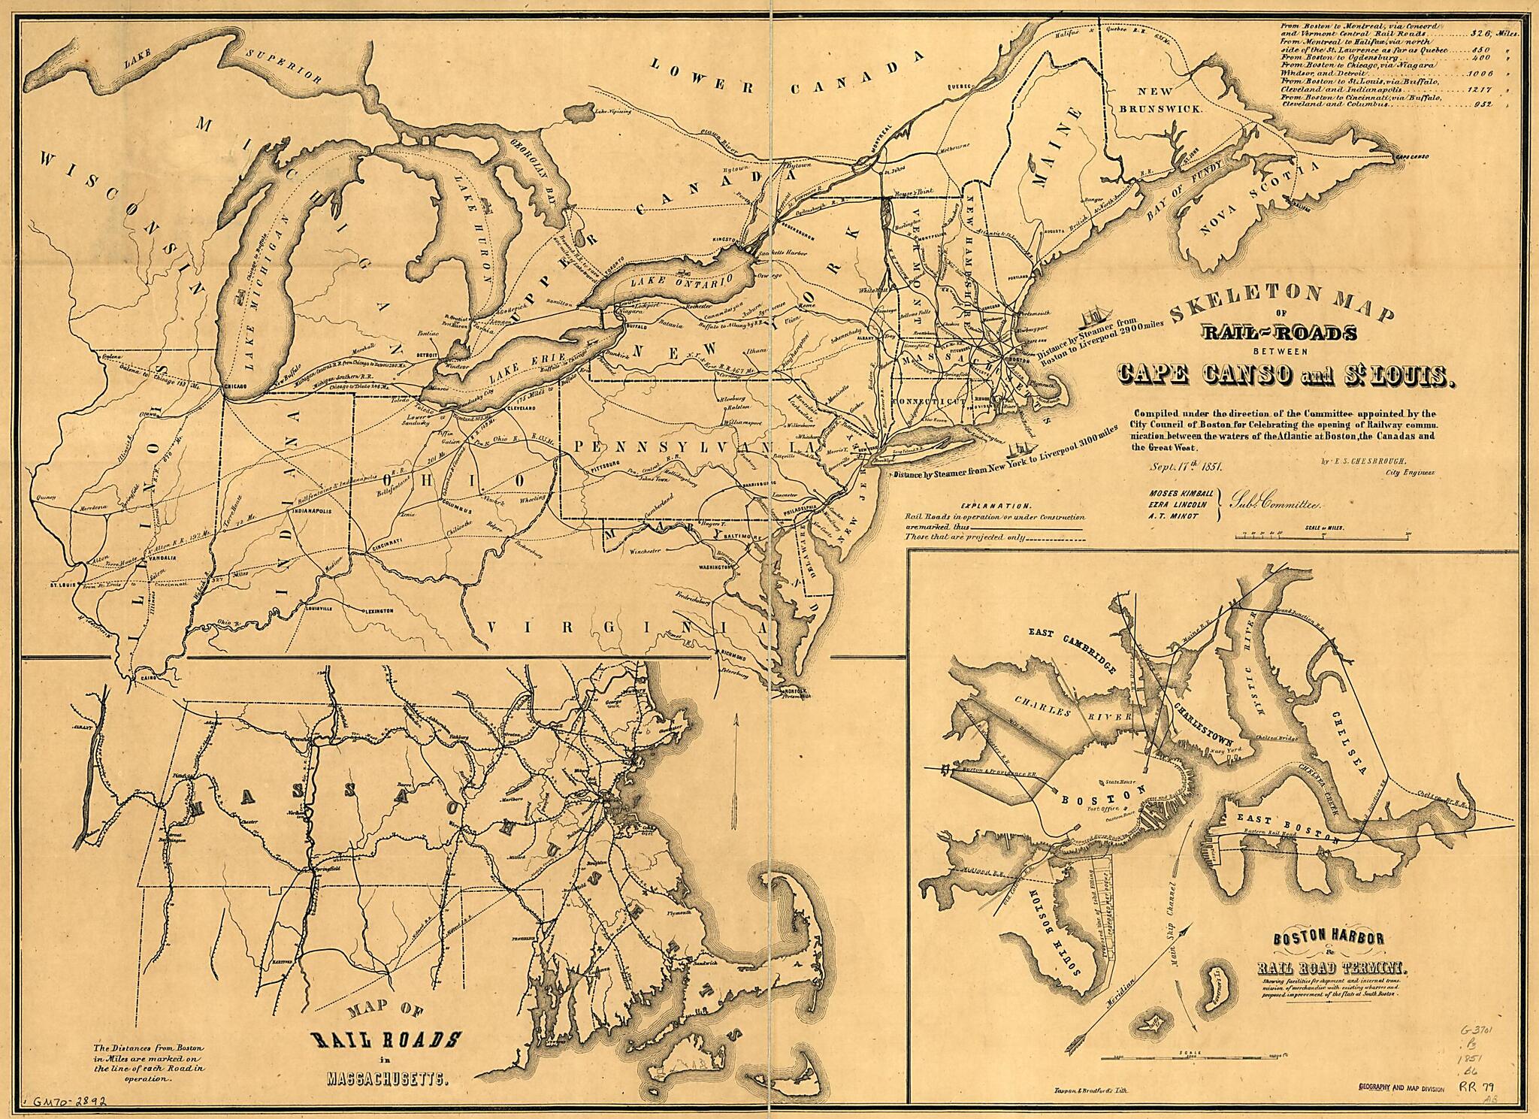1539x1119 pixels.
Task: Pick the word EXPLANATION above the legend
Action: (996, 507)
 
